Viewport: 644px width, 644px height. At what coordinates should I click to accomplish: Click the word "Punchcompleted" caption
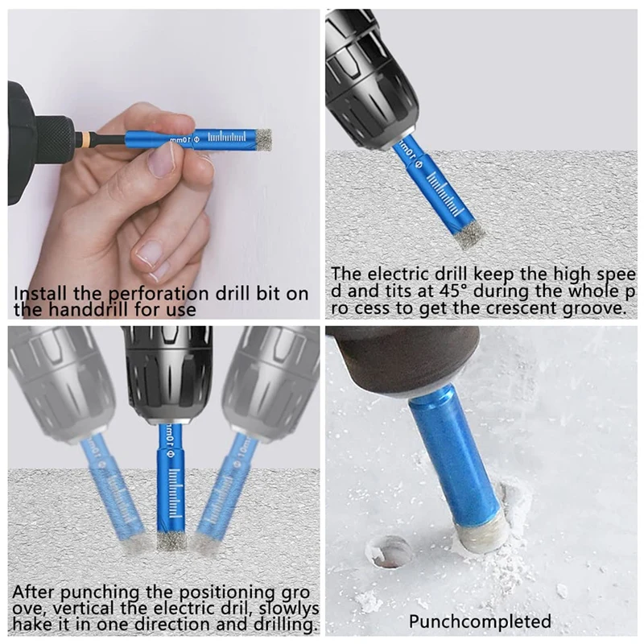pos(480,621)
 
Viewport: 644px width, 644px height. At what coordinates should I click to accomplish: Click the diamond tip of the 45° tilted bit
pos(469,237)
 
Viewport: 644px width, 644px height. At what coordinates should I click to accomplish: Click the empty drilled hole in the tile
pos(389,551)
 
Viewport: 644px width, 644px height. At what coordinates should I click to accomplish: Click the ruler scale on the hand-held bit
pos(227,137)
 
